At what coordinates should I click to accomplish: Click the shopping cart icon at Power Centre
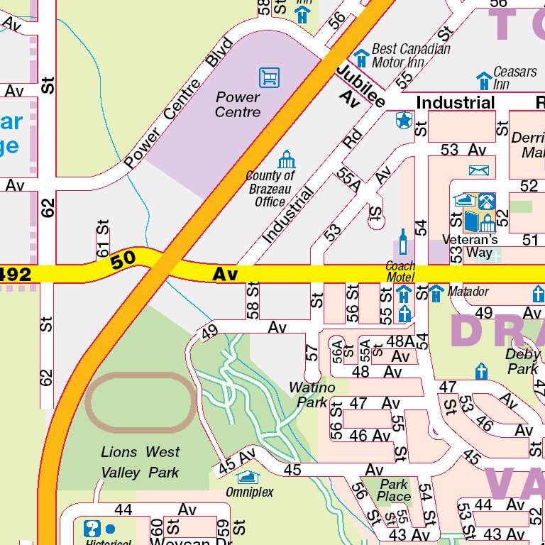pos(269,77)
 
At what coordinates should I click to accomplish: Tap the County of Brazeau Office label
pos(270,189)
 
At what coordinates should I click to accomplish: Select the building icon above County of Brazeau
pos(287,160)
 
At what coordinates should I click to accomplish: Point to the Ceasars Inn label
pos(515,78)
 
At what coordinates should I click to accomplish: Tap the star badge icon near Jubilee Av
pos(404,121)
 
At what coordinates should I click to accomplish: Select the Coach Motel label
pos(400,272)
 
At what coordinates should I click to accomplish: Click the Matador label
pos(468,292)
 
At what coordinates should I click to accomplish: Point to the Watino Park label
pos(312,395)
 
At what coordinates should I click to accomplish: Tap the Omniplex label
pos(249,492)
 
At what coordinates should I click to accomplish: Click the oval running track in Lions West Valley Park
pos(141,402)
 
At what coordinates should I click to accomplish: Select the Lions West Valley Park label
pos(140,462)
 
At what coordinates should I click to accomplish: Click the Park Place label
pos(394,490)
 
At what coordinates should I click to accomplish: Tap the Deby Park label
pos(523,361)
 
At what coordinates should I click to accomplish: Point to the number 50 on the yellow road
pos(123,260)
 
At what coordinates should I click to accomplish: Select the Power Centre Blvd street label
pos(178,104)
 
